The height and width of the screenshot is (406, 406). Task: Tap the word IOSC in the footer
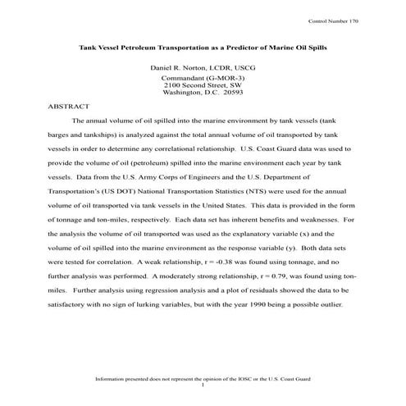coord(245,379)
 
